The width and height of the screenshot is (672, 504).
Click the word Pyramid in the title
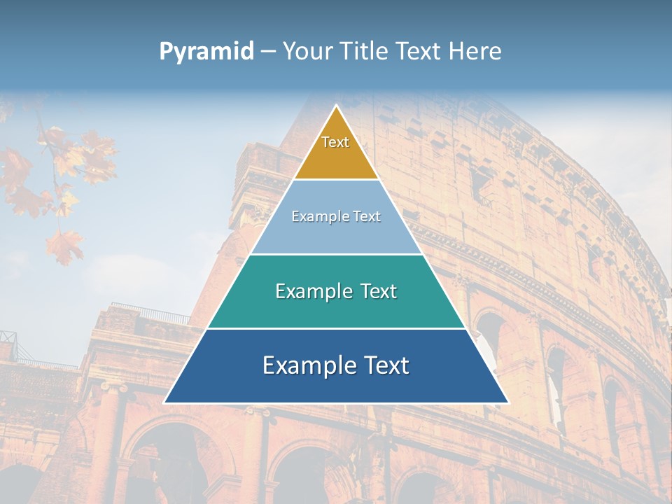click(x=206, y=52)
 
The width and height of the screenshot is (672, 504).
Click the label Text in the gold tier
click(x=335, y=142)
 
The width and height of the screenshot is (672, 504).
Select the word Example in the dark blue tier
click(x=303, y=365)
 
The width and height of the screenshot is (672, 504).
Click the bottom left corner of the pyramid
click(x=166, y=402)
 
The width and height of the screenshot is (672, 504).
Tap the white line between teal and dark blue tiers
click(x=336, y=328)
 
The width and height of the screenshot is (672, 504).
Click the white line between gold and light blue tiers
click(x=336, y=179)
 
